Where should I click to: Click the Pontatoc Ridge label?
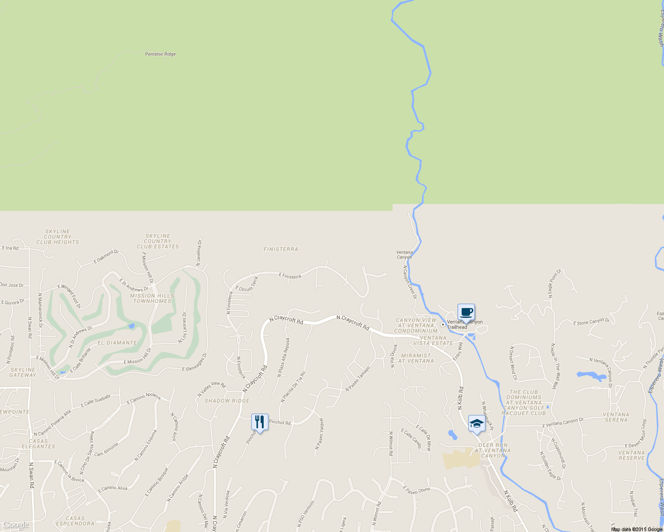coord(160,54)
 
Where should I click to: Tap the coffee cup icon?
coord(466,312)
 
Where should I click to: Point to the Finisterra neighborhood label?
coord(281,249)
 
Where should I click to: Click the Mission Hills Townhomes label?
coord(152,298)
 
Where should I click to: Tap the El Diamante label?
coord(117,343)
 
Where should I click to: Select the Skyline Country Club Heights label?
coord(58,237)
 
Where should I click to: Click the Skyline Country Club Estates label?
coord(158,242)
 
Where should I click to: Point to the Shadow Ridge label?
coord(227,401)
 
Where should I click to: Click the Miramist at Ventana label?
coord(416,358)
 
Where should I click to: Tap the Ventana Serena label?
coord(616,417)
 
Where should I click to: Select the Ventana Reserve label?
coord(632,455)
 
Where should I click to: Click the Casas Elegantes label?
coord(39,444)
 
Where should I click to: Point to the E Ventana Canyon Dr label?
coord(563,423)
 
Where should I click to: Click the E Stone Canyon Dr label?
coord(591,322)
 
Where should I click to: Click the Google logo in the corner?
coord(16,525)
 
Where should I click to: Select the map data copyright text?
coord(636,529)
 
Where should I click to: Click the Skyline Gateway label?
coord(23,372)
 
